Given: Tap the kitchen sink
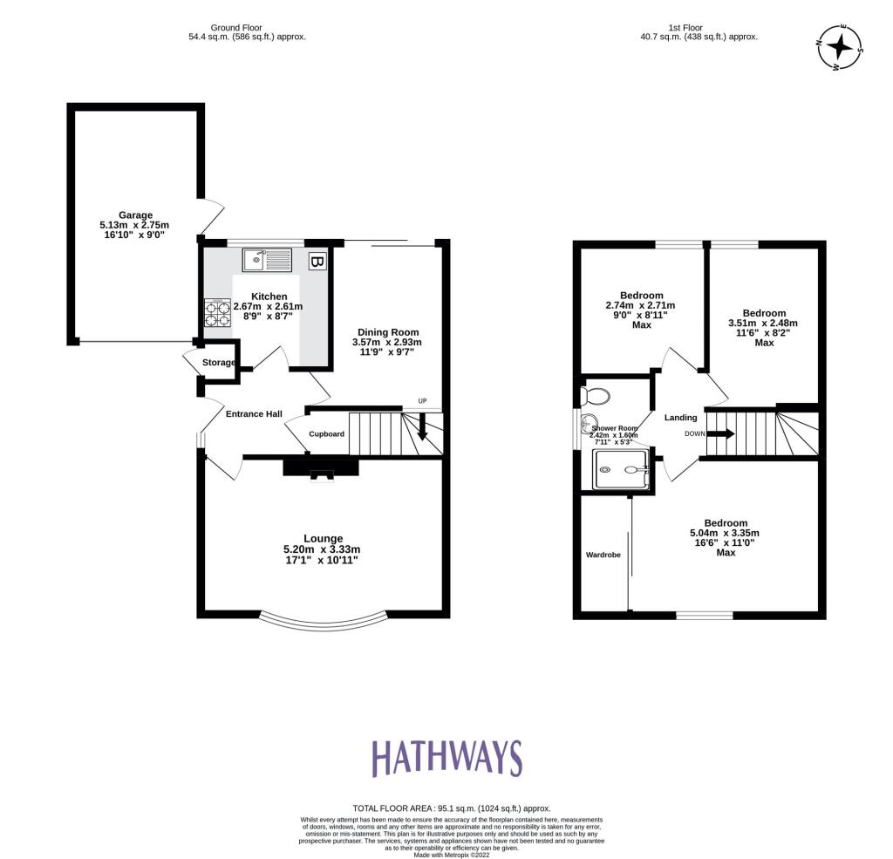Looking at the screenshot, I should [267, 259].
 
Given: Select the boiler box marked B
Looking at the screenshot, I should [317, 261].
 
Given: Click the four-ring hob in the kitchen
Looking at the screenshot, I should [216, 312].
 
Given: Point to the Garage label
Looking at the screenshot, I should [135, 215].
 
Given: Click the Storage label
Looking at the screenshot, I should [219, 363].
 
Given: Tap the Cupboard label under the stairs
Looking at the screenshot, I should [326, 434].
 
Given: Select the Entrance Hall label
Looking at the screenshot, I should [254, 413].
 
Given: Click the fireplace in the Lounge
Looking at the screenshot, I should [321, 469].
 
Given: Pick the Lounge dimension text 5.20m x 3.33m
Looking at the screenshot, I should [322, 549].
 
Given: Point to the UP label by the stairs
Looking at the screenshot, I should [423, 402].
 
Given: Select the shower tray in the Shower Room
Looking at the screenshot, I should [621, 470].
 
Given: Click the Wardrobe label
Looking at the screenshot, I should [603, 555].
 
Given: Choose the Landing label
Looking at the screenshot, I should [680, 418].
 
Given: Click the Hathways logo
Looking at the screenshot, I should [446, 758].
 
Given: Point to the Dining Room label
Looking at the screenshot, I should [388, 331].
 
